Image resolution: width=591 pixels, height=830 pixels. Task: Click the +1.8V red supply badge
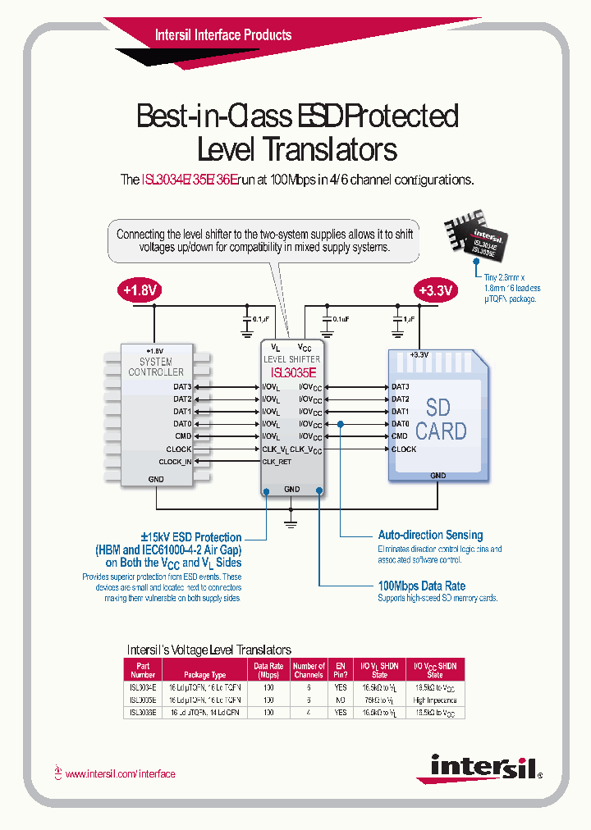tap(140, 290)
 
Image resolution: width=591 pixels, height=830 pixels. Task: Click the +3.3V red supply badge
tap(434, 290)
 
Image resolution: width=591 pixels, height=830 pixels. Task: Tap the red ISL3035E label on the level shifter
tap(291, 372)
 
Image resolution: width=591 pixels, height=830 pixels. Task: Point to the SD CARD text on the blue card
tap(441, 419)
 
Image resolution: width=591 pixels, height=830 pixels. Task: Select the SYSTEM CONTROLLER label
tap(156, 367)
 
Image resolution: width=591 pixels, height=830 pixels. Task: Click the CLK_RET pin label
tap(277, 462)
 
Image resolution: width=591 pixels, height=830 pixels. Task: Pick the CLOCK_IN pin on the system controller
tap(175, 462)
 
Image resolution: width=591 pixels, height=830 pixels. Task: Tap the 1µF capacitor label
tap(409, 318)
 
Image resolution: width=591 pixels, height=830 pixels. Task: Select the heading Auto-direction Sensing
tap(430, 535)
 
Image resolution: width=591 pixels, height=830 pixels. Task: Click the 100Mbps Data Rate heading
tap(421, 586)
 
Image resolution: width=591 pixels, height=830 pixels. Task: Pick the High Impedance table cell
tap(434, 700)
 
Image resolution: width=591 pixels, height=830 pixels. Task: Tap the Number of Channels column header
tap(309, 670)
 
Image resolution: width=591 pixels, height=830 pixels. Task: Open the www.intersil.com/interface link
tap(120, 773)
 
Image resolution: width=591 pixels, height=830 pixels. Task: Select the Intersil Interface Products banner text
tap(223, 35)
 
